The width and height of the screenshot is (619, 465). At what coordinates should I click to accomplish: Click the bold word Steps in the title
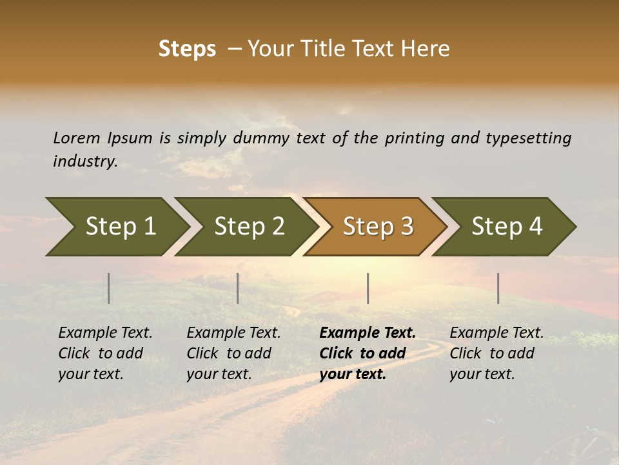coord(187,49)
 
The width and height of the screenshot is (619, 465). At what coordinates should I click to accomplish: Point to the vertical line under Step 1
coord(109,288)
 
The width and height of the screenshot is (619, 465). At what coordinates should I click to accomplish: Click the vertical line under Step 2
coord(238,288)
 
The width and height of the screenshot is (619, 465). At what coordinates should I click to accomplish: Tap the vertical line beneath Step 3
coord(368,288)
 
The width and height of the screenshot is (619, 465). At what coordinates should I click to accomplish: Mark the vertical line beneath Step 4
coord(498,288)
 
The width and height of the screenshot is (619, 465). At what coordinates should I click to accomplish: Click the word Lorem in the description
coord(77,138)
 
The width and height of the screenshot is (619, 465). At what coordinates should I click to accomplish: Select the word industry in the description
coord(85,161)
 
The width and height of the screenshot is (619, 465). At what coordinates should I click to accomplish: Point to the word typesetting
coord(528,138)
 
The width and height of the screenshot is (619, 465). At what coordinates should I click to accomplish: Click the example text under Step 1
coord(105,353)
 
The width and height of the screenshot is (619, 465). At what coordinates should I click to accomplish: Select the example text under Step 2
coord(233,353)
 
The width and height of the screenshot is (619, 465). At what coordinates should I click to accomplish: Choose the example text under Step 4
coord(496,353)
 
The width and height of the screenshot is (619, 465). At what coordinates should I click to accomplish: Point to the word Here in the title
coord(428,49)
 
